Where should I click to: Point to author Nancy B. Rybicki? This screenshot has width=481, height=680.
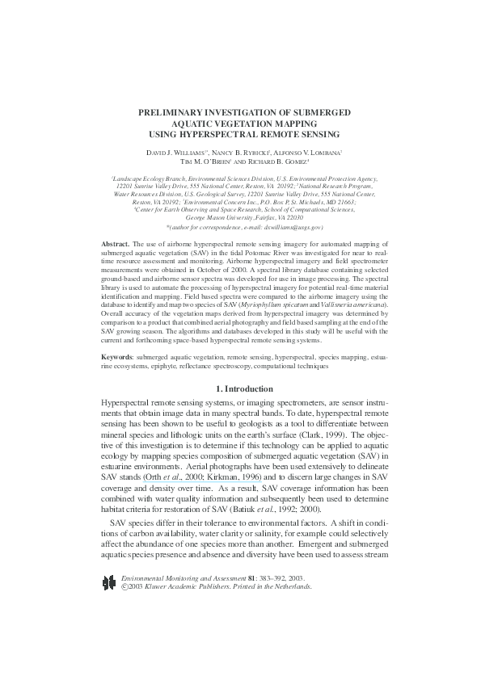(242, 152)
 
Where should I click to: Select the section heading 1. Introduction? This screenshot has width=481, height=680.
(239, 388)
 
